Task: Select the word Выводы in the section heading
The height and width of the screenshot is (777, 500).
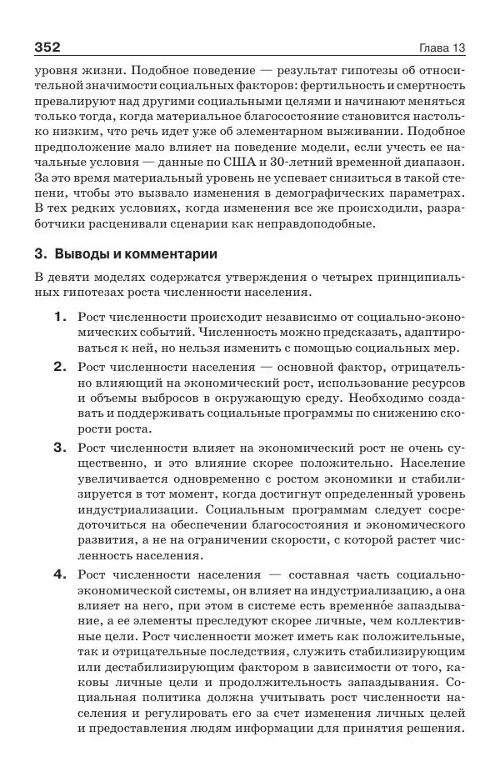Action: tap(79, 253)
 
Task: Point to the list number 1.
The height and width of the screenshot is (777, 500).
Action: tap(59, 318)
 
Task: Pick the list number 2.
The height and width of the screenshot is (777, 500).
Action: tap(59, 366)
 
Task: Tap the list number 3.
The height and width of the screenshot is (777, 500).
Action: tap(59, 447)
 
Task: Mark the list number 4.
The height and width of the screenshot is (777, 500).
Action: tap(59, 574)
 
